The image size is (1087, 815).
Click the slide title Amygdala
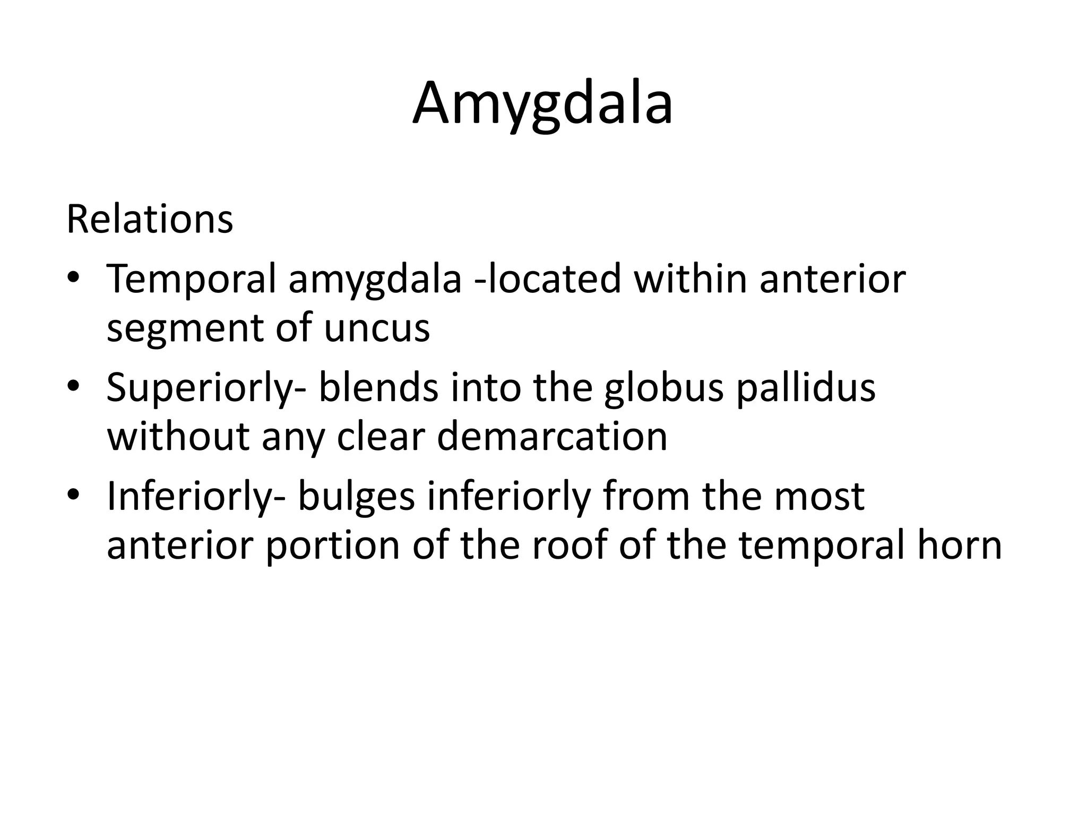(x=542, y=105)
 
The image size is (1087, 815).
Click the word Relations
(x=150, y=219)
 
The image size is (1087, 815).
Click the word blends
(x=378, y=387)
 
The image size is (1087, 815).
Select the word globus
(x=663, y=388)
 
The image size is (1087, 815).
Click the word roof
(x=567, y=545)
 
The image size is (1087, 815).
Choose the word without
(x=178, y=437)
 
